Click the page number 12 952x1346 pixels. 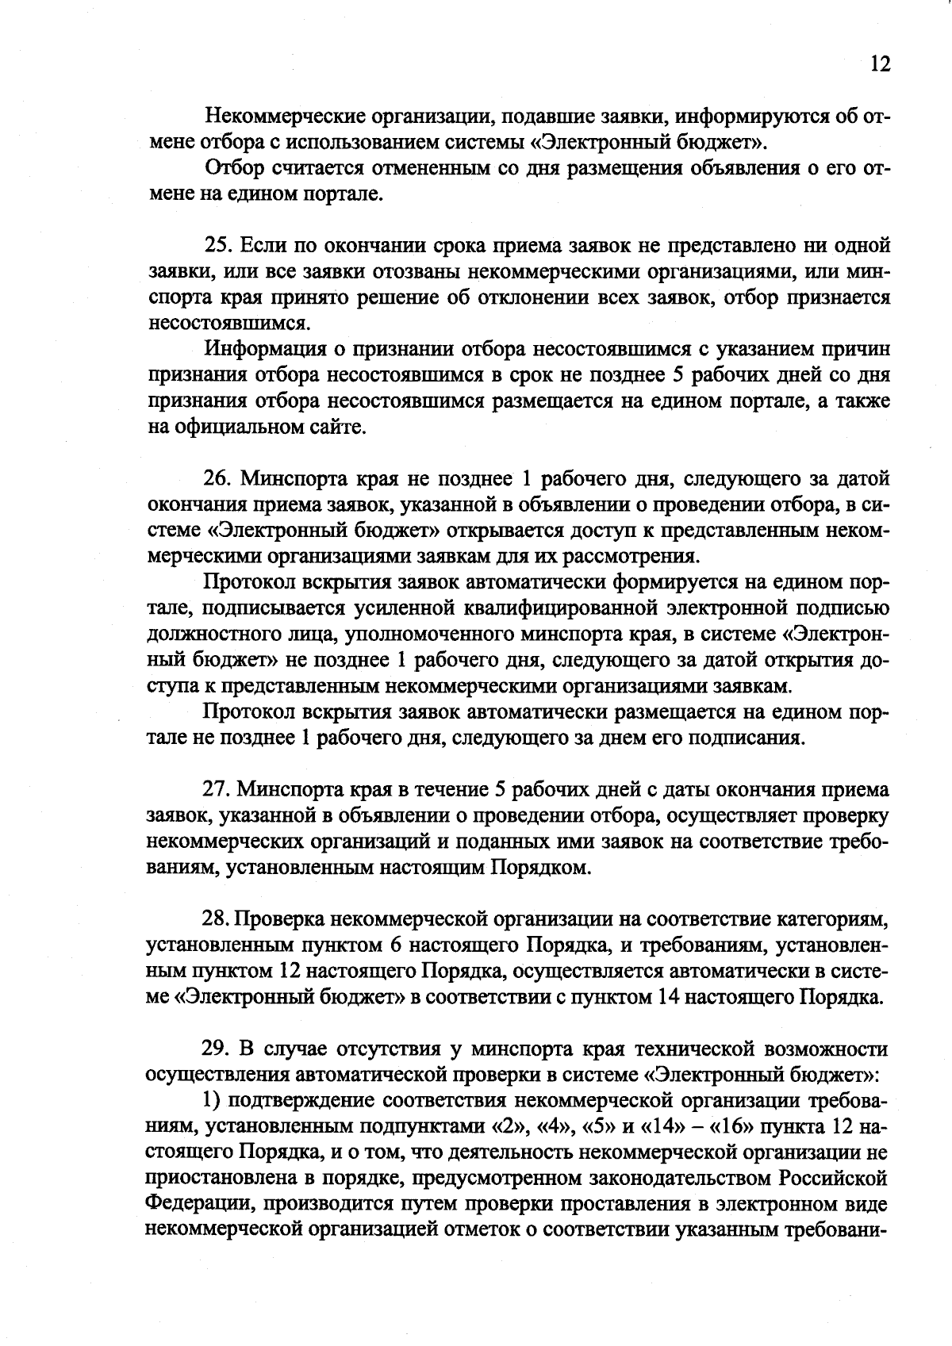pyautogui.click(x=880, y=64)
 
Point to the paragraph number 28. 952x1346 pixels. pyautogui.click(x=217, y=919)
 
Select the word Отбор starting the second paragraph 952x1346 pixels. pyautogui.click(x=231, y=169)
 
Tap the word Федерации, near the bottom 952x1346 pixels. pyautogui.click(x=198, y=1204)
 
